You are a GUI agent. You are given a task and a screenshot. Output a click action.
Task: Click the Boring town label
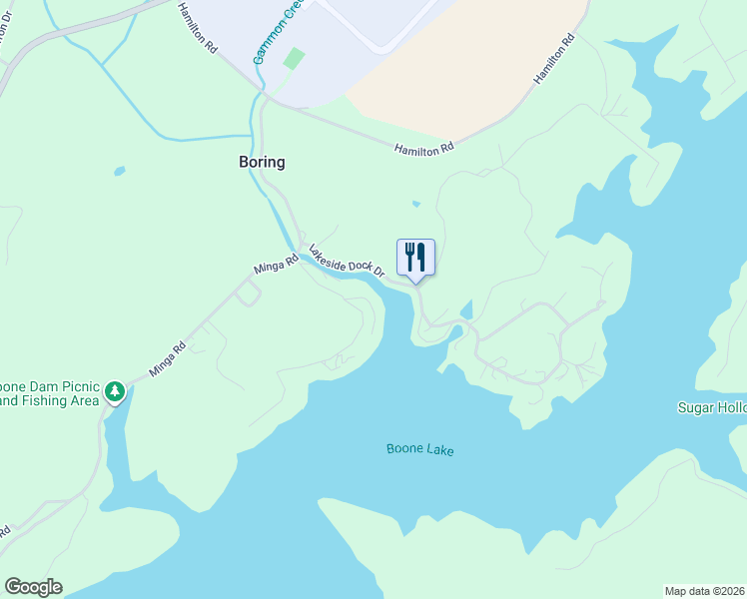coord(261,162)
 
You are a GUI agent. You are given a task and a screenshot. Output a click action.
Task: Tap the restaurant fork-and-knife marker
coord(415,258)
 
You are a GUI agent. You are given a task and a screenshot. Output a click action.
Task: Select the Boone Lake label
coord(419,450)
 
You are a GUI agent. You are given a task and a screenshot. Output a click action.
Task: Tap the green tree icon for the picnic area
coord(116,391)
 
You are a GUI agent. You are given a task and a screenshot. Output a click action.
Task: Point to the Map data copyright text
coord(705,591)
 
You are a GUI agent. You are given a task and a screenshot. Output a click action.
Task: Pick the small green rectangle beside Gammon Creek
coord(293,59)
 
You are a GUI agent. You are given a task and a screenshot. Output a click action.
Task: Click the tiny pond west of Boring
coord(120,171)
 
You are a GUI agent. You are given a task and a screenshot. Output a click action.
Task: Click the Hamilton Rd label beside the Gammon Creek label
coord(198,27)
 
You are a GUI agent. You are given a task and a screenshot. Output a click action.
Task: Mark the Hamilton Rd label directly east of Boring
coord(424,147)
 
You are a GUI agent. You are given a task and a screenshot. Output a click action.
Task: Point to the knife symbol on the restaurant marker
coord(422,257)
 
